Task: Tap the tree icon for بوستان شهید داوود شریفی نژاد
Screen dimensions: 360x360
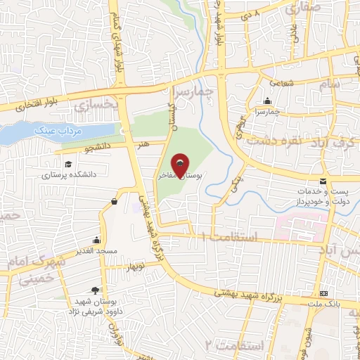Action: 95,290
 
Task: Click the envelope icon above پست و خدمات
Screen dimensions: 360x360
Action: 323,181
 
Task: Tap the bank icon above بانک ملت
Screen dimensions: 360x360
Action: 324,292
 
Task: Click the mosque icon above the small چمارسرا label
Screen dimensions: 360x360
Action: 267,101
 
